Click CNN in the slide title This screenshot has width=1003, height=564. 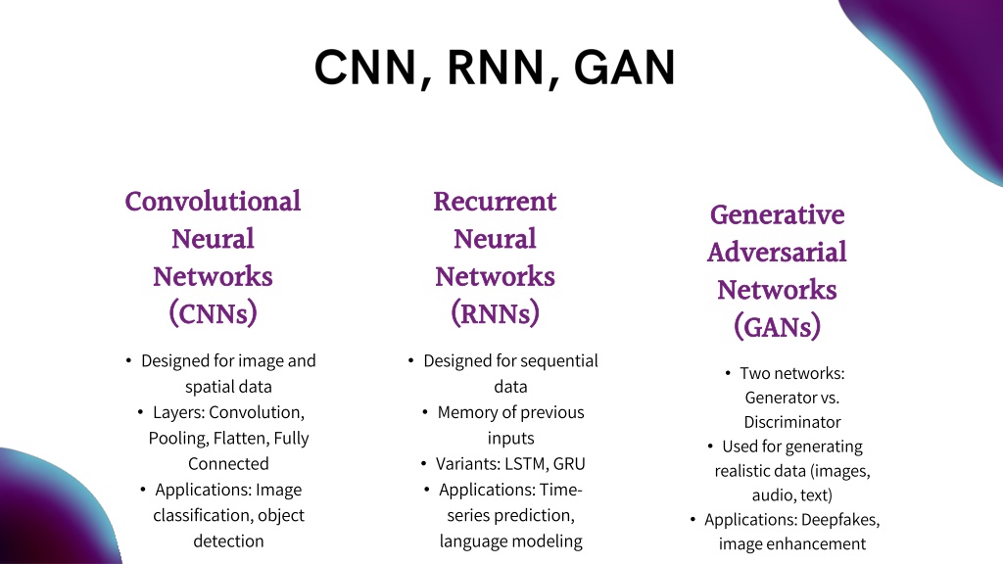tap(366, 68)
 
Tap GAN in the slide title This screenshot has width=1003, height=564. tap(624, 68)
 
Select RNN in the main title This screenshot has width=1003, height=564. tap(497, 68)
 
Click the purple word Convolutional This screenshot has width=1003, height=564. tap(213, 201)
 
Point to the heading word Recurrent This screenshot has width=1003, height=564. tap(495, 201)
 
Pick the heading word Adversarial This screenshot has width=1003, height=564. tap(777, 252)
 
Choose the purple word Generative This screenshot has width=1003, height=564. tap(777, 214)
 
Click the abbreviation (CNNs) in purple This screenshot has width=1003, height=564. tap(213, 313)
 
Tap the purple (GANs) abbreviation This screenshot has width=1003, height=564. tap(777, 327)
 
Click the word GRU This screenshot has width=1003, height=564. tap(569, 463)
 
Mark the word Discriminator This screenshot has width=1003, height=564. tap(791, 422)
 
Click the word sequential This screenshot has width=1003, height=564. tap(557, 361)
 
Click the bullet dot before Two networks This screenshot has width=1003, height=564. tap(728, 372)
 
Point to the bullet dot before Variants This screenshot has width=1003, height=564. tap(423, 463)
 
